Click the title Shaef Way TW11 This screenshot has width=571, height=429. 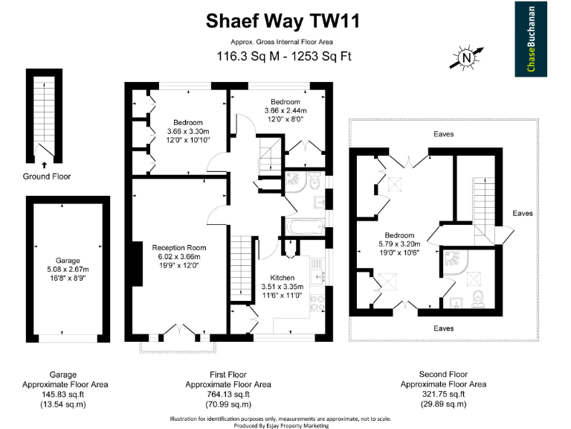pos(283,22)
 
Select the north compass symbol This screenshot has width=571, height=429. pos(466,57)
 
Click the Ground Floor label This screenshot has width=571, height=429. pos(46,177)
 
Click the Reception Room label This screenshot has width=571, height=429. pos(179,247)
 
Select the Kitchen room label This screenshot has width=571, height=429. pos(282,277)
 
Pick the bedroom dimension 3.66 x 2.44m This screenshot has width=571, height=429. pos(285,110)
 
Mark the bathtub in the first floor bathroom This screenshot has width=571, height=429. pos(303,226)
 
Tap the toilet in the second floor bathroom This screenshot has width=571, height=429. pos(479,298)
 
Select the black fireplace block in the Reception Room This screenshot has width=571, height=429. pos(138,264)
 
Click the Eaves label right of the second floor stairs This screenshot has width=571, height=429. pos(523,213)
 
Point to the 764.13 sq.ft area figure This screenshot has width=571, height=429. pos(228,394)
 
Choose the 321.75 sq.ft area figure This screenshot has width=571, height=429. pos(443,394)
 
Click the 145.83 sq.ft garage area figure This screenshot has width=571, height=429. pos(62,394)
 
